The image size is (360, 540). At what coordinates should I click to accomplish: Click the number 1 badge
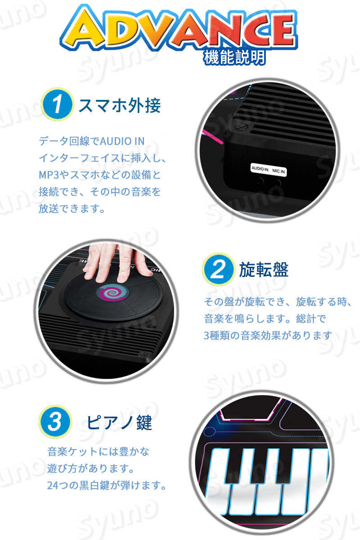pos(57,104)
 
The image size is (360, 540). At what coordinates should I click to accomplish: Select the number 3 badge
pos(55,422)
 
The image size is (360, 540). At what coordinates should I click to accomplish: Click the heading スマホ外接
pos(119,106)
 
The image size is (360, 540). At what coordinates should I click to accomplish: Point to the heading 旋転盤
pos(264,270)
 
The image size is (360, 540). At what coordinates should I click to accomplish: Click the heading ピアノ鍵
pos(119,423)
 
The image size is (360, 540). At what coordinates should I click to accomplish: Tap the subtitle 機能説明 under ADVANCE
pos(234,58)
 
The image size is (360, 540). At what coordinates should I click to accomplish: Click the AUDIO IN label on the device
pos(260,170)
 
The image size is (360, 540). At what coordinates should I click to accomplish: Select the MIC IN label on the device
pos(279,170)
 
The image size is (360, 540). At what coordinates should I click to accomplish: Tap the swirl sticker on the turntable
pos(113,293)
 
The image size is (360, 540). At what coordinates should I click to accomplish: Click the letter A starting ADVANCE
pos(81,29)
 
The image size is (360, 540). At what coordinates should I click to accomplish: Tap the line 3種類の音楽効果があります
pos(268,335)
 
